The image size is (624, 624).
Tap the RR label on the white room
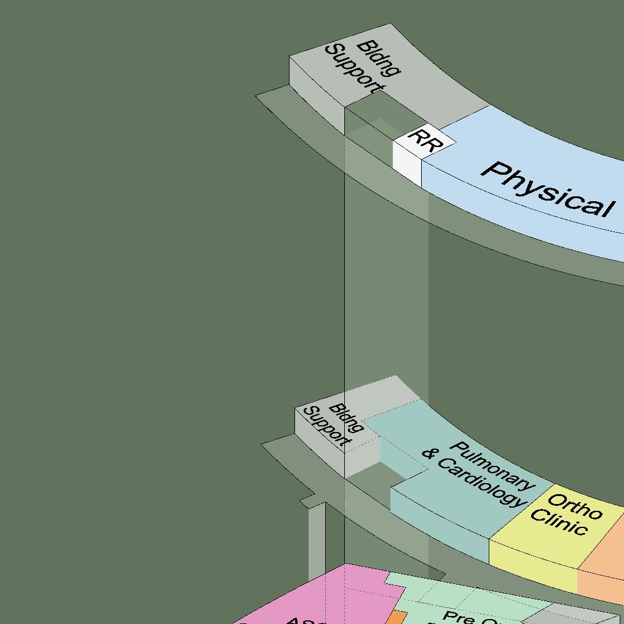pyautogui.click(x=425, y=140)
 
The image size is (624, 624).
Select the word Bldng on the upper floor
pyautogui.click(x=378, y=58)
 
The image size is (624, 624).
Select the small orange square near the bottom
pyautogui.click(x=397, y=617)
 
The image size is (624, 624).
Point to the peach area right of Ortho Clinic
pyautogui.click(x=606, y=554)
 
